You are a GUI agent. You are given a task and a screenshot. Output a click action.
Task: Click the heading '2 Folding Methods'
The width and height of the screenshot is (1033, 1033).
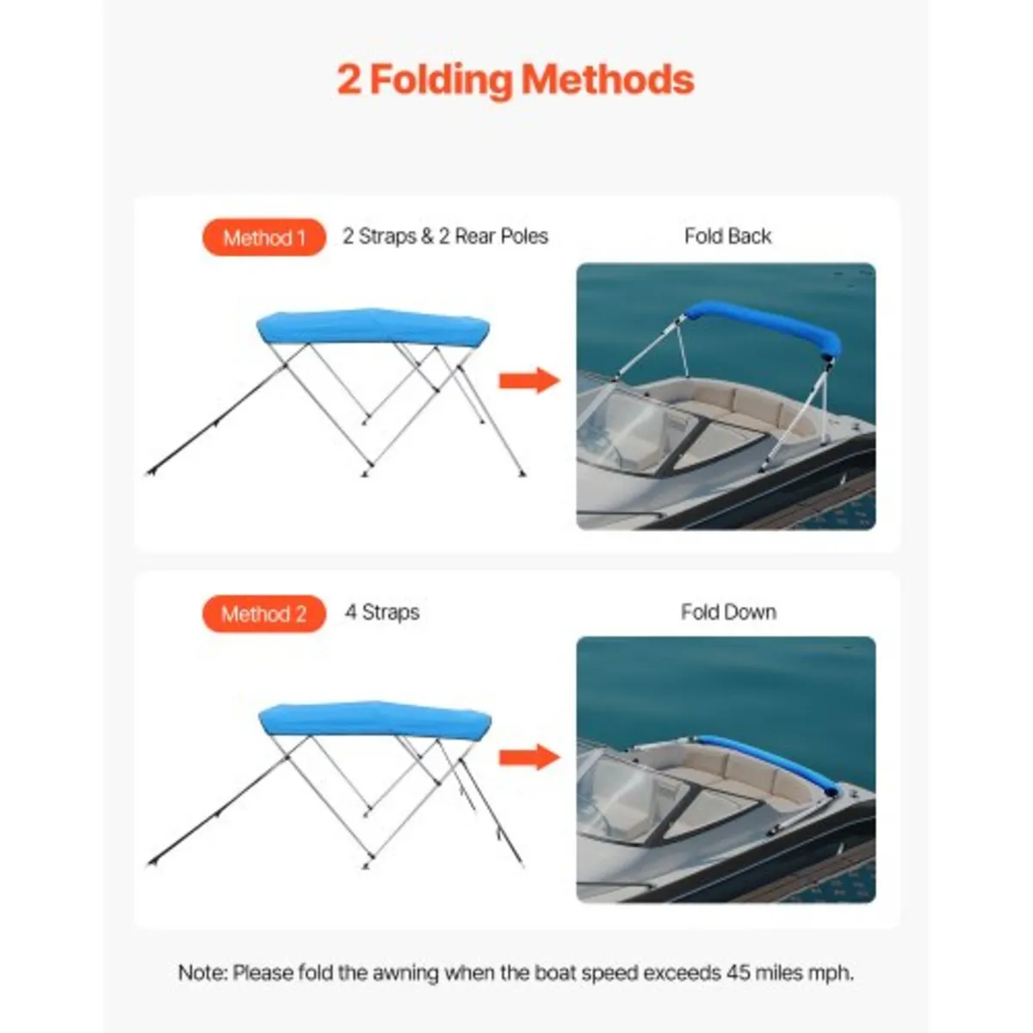pyautogui.click(x=515, y=79)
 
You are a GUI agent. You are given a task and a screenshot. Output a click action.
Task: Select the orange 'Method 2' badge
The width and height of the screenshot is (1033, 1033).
pyautogui.click(x=263, y=615)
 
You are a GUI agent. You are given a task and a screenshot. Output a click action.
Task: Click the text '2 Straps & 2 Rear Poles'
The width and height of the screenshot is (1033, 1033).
pyautogui.click(x=445, y=237)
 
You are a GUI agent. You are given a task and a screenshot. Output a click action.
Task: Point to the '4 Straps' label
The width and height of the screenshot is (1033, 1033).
pyautogui.click(x=382, y=613)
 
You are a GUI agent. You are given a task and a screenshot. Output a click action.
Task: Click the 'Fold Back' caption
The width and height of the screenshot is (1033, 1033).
pyautogui.click(x=727, y=237)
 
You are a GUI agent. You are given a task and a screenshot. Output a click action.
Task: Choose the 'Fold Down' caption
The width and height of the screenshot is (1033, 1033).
pyautogui.click(x=728, y=613)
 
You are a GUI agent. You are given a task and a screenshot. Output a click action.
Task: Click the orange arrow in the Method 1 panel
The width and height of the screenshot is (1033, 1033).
pyautogui.click(x=528, y=380)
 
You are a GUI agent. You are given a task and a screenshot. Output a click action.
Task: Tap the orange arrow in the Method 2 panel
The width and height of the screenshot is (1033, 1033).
pyautogui.click(x=528, y=758)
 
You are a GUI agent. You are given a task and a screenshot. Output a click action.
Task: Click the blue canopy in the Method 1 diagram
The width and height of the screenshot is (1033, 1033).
pyautogui.click(x=373, y=327)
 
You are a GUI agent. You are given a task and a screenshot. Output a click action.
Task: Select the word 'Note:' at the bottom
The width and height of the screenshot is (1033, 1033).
pyautogui.click(x=203, y=974)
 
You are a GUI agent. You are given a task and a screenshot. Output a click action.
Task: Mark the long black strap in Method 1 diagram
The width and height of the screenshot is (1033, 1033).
pyautogui.click(x=215, y=422)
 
